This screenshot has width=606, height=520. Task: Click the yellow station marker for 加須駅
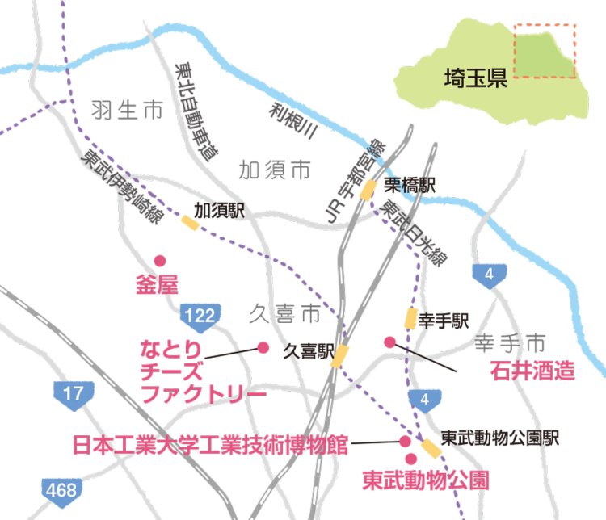[x=191, y=221]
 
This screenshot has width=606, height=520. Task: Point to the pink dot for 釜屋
[x=160, y=261]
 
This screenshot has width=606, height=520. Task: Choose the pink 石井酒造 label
[x=533, y=371]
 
